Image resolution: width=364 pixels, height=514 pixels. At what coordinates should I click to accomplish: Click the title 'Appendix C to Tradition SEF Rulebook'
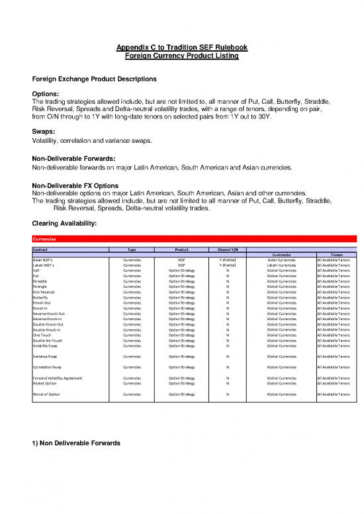click(182, 48)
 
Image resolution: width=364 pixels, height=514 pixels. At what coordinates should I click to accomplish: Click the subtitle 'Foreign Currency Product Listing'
click(182, 56)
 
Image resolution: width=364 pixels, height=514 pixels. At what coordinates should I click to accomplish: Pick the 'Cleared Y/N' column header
click(228, 249)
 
